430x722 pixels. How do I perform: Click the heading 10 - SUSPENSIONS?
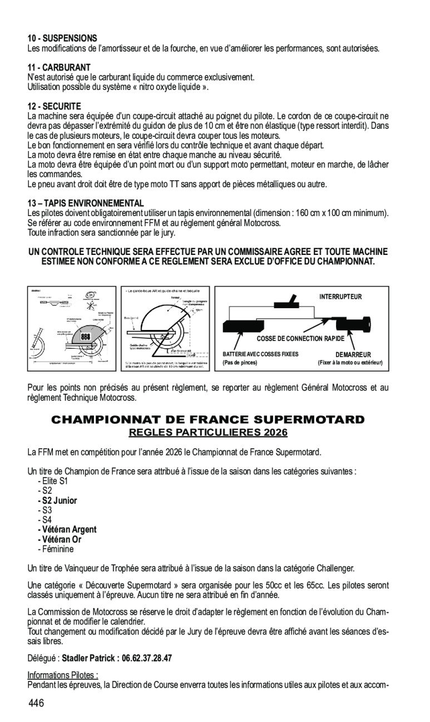pos(62,38)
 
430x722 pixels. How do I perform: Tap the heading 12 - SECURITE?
pos(55,106)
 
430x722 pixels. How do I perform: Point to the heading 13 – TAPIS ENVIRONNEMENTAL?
pos(86,203)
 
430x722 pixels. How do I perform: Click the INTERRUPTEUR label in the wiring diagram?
pos(340,297)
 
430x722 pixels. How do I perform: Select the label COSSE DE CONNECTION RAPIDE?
pos(300,339)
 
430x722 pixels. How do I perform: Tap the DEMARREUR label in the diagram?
pos(353,355)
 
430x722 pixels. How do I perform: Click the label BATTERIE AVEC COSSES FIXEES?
pos(260,354)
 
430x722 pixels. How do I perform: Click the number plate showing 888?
pos(86,337)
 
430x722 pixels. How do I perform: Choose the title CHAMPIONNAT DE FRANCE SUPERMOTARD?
pos(208,420)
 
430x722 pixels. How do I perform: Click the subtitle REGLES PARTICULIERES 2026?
pos(208,432)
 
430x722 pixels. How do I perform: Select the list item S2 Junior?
pos(58,500)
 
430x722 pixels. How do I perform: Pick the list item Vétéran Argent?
pos(67,529)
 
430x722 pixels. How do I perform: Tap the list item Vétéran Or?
pos(60,539)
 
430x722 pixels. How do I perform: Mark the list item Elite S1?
pos(54,481)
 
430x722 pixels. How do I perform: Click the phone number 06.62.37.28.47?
pos(147,658)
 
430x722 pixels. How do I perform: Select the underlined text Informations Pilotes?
pos(63,675)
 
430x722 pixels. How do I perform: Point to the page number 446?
pos(37,704)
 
